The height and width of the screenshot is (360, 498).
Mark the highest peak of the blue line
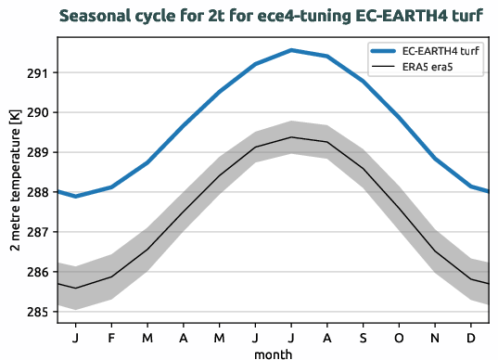coord(291,50)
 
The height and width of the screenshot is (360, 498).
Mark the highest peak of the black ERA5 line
coord(291,137)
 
